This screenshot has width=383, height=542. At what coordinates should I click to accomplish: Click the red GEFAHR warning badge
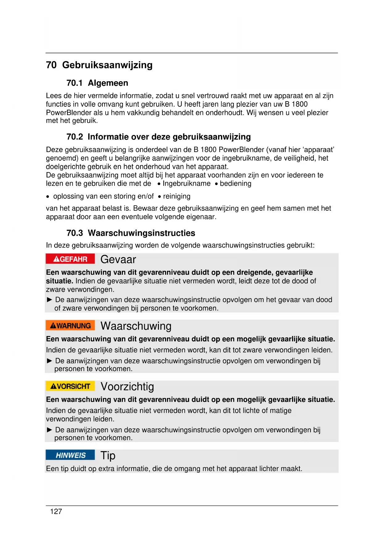(70, 259)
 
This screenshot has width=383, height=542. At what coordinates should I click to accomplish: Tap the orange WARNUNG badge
(70, 326)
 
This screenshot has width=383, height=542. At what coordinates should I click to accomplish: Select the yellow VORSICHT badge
(70, 386)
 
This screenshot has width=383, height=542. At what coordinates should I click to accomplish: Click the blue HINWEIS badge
(70, 455)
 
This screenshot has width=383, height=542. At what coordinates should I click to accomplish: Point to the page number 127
(56, 512)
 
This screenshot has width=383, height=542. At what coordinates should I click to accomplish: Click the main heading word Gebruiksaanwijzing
(107, 65)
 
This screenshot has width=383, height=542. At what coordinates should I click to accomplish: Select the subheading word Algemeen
(108, 83)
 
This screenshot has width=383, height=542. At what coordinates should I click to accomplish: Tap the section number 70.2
(75, 137)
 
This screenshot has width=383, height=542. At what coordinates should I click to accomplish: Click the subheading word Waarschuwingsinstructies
(141, 233)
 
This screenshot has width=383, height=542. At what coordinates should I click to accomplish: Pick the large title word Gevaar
(118, 260)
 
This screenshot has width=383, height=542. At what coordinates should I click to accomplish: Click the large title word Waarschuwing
(136, 326)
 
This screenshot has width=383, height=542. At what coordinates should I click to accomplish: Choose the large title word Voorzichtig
(127, 387)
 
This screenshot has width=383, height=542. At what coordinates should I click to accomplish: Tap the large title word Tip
(108, 455)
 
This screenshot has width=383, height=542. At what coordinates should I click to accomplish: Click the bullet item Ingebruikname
(186, 184)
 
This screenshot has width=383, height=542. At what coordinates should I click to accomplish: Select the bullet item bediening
(235, 184)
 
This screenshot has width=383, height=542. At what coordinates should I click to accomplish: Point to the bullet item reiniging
(177, 196)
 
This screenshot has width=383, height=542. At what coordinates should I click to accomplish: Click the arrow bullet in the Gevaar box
(49, 300)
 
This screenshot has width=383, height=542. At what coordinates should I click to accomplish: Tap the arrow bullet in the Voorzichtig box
(49, 430)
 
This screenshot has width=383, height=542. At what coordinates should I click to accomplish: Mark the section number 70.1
(75, 83)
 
